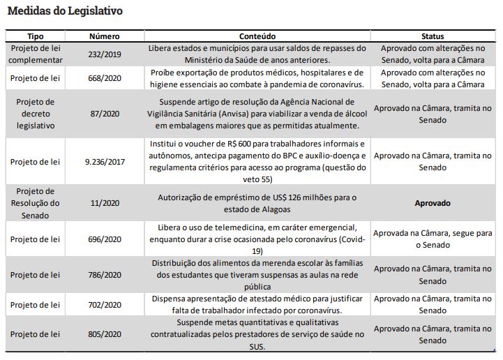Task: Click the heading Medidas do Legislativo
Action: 65,12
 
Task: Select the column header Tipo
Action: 36,36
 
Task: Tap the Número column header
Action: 105,36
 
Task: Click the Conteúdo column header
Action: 257,36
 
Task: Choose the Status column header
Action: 433,36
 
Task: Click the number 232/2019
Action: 105,54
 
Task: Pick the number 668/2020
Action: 105,78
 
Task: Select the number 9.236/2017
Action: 105,162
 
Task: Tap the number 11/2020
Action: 105,203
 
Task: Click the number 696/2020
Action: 105,239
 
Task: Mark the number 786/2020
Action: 105,275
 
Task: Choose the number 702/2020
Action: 105,305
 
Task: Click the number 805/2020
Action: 105,335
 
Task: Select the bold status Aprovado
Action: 433,204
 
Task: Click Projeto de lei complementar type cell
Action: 36,54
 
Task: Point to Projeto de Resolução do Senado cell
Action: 36,203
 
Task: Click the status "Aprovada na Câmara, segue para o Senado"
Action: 433,239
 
